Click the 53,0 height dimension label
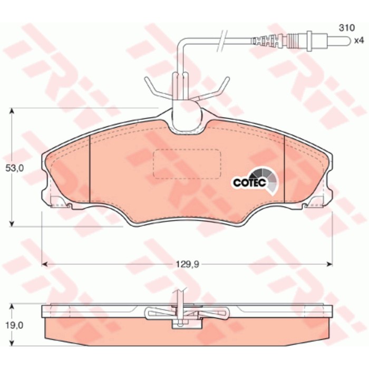click(15, 168)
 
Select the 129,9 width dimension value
click(188, 265)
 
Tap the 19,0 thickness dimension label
click(15, 325)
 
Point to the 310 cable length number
click(346, 28)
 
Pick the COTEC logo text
click(249, 182)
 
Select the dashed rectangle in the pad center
click(187, 163)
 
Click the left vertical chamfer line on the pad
click(90, 169)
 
